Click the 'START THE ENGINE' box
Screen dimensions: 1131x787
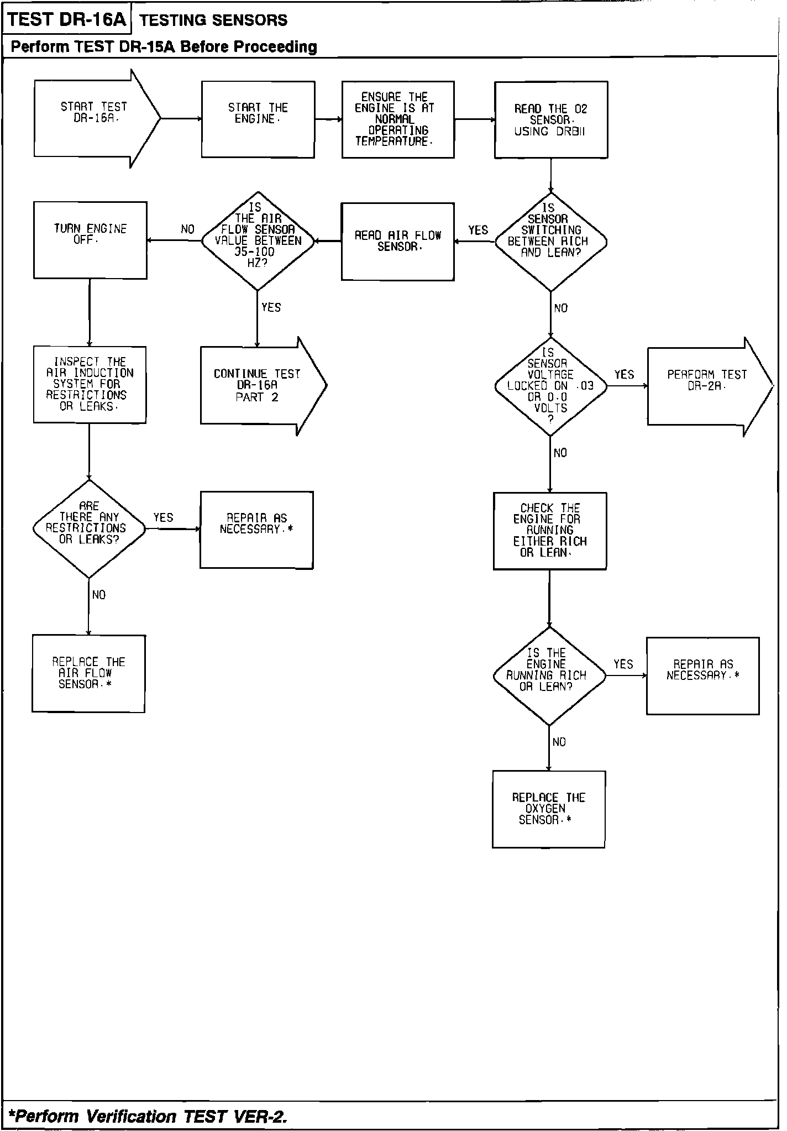[x=258, y=119]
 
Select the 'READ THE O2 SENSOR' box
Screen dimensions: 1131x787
[x=551, y=120]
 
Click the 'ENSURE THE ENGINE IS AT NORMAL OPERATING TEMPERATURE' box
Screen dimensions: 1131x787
[x=398, y=119]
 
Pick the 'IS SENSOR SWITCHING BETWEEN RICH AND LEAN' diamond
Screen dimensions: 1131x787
[x=550, y=242]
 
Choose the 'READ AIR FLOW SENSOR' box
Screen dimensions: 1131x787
[x=398, y=242]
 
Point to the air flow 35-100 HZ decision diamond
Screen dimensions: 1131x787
[x=258, y=241]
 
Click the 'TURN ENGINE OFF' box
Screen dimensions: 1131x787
[x=91, y=240]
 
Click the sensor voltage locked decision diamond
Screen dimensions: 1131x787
[x=550, y=386]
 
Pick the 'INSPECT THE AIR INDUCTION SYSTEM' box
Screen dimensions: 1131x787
[x=90, y=385]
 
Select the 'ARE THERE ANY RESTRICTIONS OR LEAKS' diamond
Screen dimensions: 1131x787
[x=89, y=529]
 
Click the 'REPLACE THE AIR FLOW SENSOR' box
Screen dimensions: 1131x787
[x=89, y=673]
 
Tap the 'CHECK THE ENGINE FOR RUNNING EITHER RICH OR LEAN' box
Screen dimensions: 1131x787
[x=550, y=531]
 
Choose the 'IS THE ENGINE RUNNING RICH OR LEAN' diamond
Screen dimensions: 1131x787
[x=549, y=676]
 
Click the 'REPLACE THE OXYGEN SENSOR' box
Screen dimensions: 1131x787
[x=549, y=809]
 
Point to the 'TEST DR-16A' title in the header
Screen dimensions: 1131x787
[x=67, y=19]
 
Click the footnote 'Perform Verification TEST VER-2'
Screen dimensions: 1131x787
[x=150, y=1117]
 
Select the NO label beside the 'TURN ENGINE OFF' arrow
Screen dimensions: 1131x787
[x=188, y=229]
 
